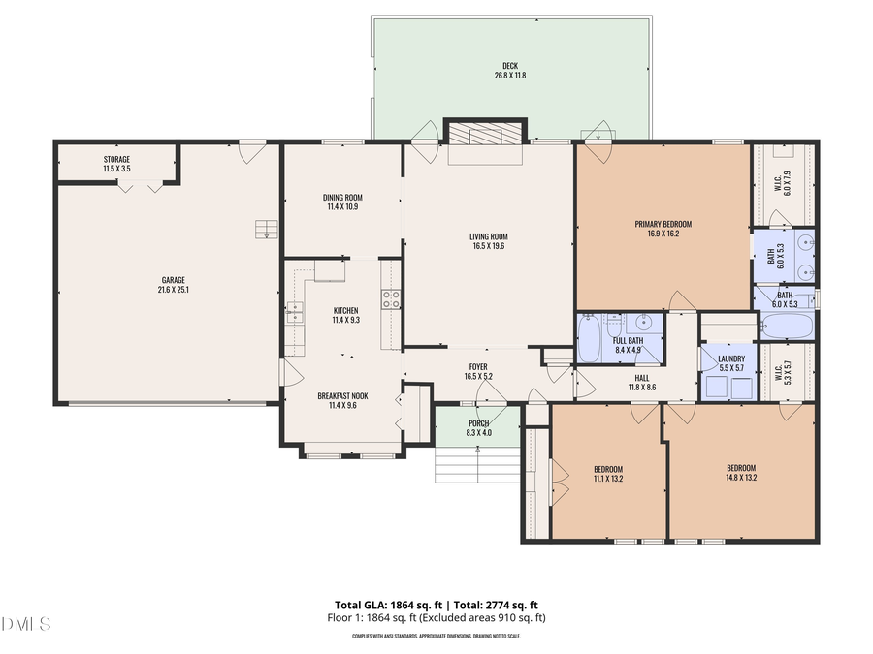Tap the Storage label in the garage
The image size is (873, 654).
pos(116,159)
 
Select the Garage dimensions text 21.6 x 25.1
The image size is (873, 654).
pos(171,290)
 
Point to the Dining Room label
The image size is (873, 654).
pos(341,198)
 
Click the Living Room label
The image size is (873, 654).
pos(489,236)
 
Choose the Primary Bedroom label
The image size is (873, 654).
pos(663,224)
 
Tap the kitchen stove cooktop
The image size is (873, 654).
pos(390,299)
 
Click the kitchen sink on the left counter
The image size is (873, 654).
pos(294,313)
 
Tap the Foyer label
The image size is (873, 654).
pos(478,367)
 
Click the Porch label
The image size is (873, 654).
pos(478,423)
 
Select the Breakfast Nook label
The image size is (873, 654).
pos(341,395)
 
